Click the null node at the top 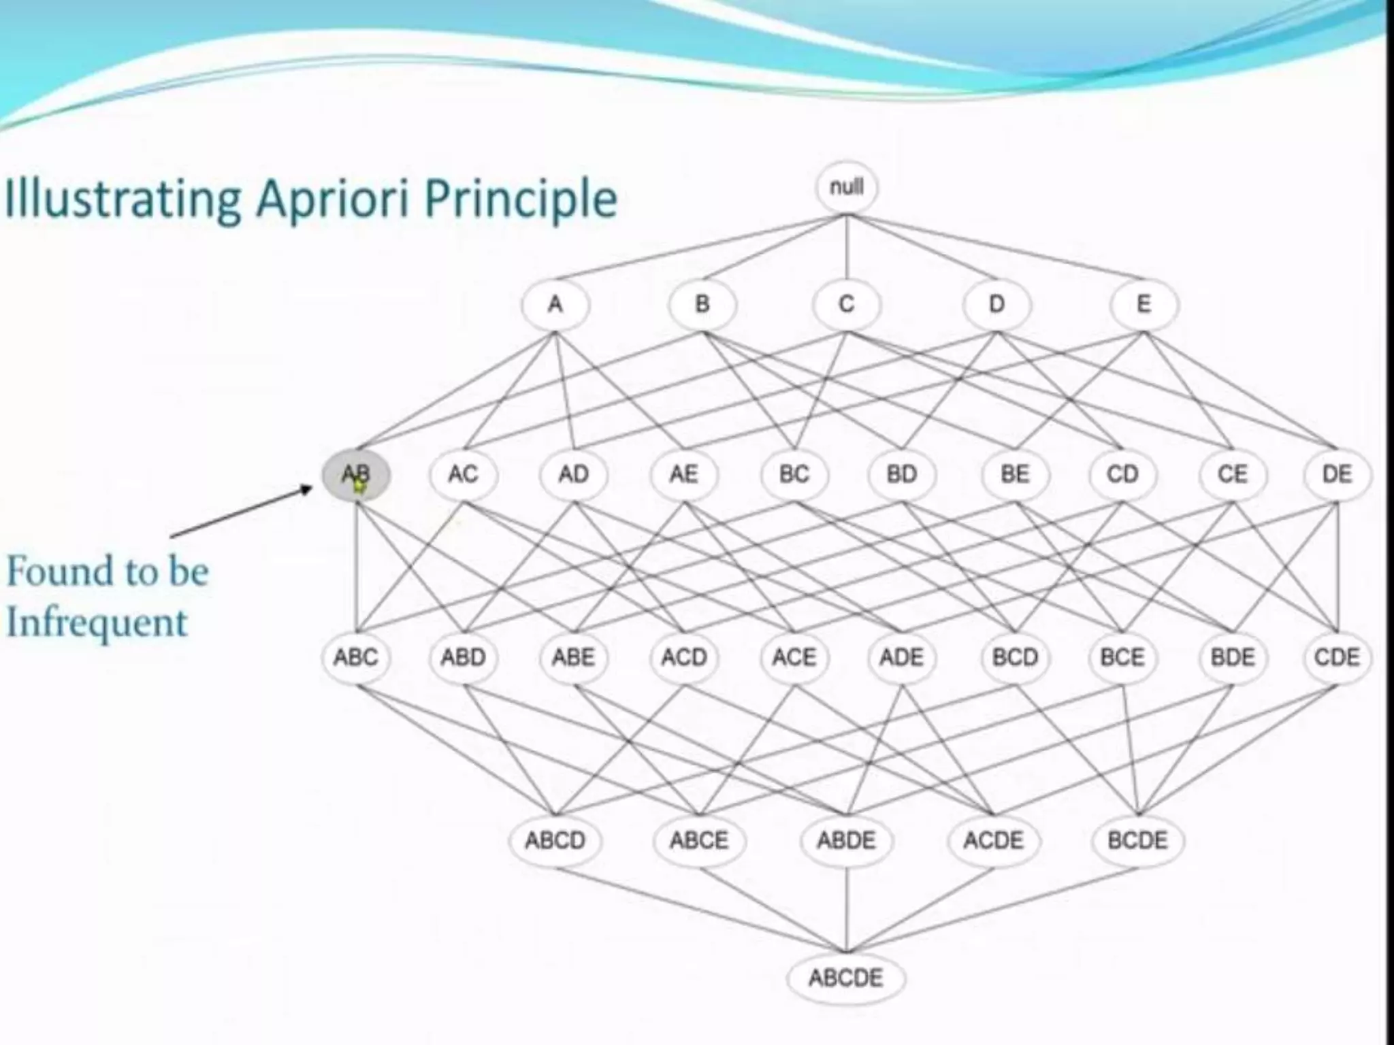(847, 187)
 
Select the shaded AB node (356, 474)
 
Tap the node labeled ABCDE (846, 978)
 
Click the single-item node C (846, 304)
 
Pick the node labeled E (1144, 304)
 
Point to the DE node (1337, 474)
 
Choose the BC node (794, 474)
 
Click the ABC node (356, 657)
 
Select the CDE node (1337, 657)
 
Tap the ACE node (794, 657)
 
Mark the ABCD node (555, 840)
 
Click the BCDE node (1137, 840)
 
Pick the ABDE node (846, 840)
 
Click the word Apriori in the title (332, 199)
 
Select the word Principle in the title (520, 199)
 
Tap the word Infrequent (97, 623)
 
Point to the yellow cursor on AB (359, 485)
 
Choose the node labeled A (555, 304)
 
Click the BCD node (1015, 657)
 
